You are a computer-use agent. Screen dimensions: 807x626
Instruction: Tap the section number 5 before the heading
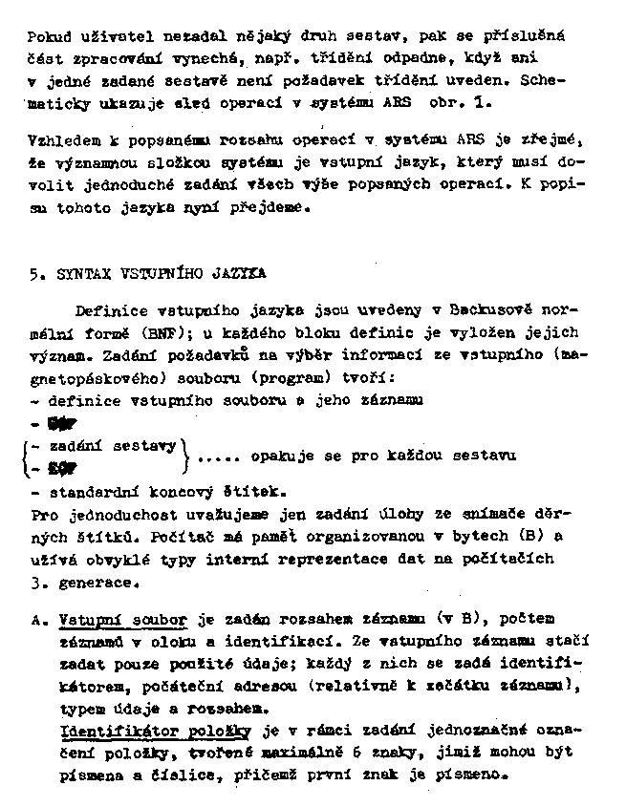33,274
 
